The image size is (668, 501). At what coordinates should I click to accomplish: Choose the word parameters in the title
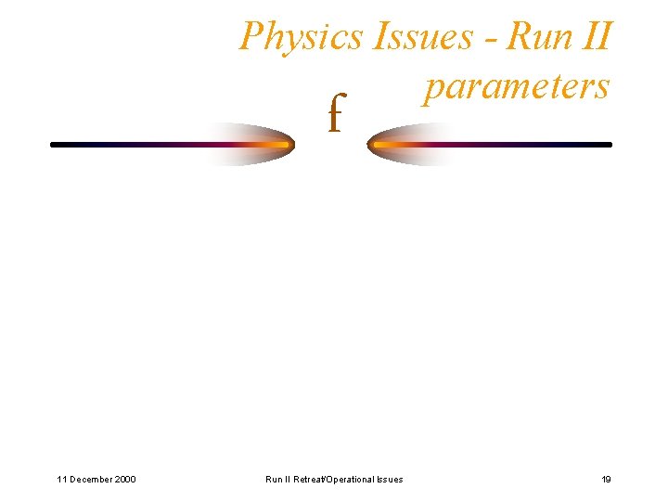(516, 86)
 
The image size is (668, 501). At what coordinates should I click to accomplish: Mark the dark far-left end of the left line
(55, 145)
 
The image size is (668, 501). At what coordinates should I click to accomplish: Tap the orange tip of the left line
(278, 145)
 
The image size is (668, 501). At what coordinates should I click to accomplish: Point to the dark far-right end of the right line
(608, 145)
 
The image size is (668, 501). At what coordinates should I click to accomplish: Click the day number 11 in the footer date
(61, 479)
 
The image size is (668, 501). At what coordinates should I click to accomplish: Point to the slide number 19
(606, 479)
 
